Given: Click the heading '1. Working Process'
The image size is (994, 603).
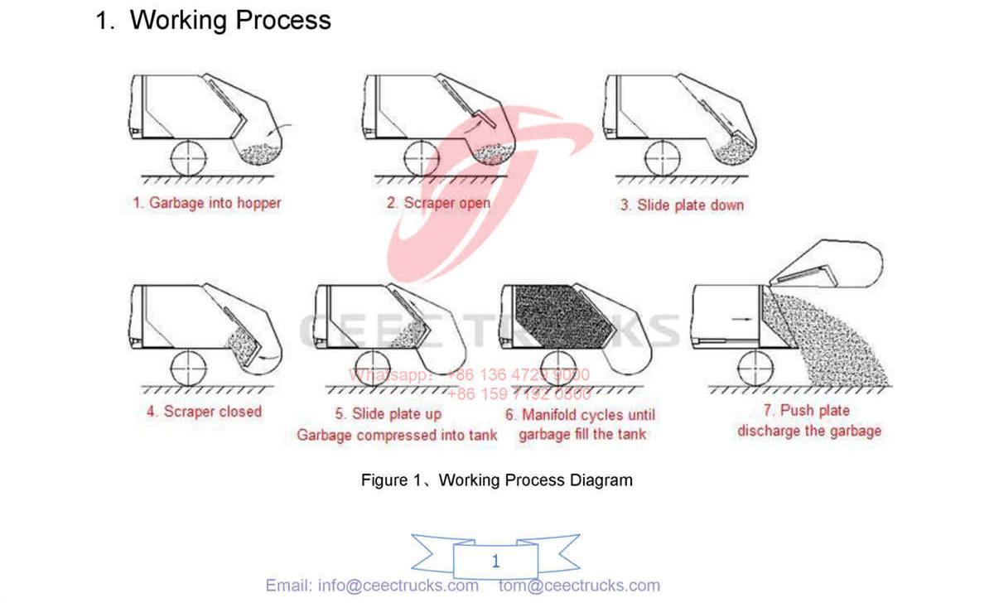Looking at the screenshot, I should click(x=214, y=20).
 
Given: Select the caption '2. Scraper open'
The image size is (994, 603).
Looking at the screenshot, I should click(x=438, y=203).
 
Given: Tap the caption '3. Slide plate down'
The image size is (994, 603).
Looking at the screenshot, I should click(x=682, y=205).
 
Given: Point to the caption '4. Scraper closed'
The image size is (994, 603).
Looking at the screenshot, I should click(x=204, y=412).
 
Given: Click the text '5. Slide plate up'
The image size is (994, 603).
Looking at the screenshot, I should click(x=388, y=413).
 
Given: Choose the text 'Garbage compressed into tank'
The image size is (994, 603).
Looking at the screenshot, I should click(x=398, y=435).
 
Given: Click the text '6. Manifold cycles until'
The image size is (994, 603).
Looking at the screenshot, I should click(x=580, y=414).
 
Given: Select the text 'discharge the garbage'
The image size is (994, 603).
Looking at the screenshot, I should click(x=808, y=431).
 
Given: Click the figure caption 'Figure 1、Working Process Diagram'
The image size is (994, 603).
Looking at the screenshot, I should click(x=496, y=480).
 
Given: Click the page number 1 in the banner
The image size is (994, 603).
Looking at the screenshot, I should click(x=495, y=562).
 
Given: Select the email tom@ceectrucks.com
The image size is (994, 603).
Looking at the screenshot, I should click(x=579, y=586).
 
